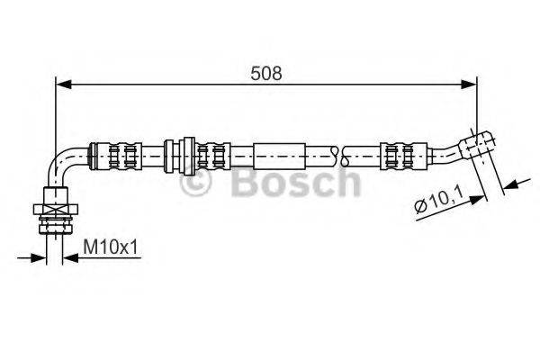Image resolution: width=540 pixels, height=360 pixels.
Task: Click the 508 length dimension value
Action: click(266, 73)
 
